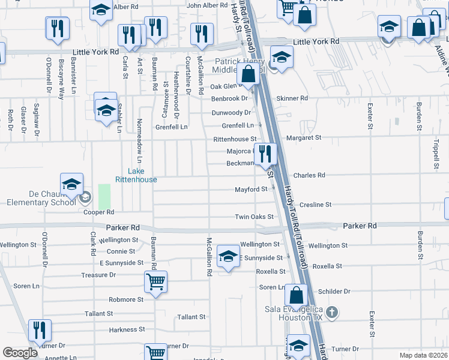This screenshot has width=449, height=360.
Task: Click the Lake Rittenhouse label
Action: [136, 175]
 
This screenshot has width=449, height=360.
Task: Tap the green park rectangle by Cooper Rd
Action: [104, 196]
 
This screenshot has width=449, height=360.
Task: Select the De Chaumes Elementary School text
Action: [41, 198]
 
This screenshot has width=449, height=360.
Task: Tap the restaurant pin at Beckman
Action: [265, 154]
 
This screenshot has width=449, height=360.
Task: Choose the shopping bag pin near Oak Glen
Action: [249, 74]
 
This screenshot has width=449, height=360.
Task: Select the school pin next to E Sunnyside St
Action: [228, 257]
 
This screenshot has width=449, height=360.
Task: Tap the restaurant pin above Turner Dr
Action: [40, 331]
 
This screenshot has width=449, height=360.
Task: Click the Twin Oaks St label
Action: [254, 217]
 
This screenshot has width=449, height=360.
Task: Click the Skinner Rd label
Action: [292, 98]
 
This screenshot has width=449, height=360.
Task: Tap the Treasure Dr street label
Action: [98, 275]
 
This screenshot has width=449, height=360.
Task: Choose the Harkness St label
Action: [123, 329]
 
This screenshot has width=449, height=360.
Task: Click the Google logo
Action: [20, 352]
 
